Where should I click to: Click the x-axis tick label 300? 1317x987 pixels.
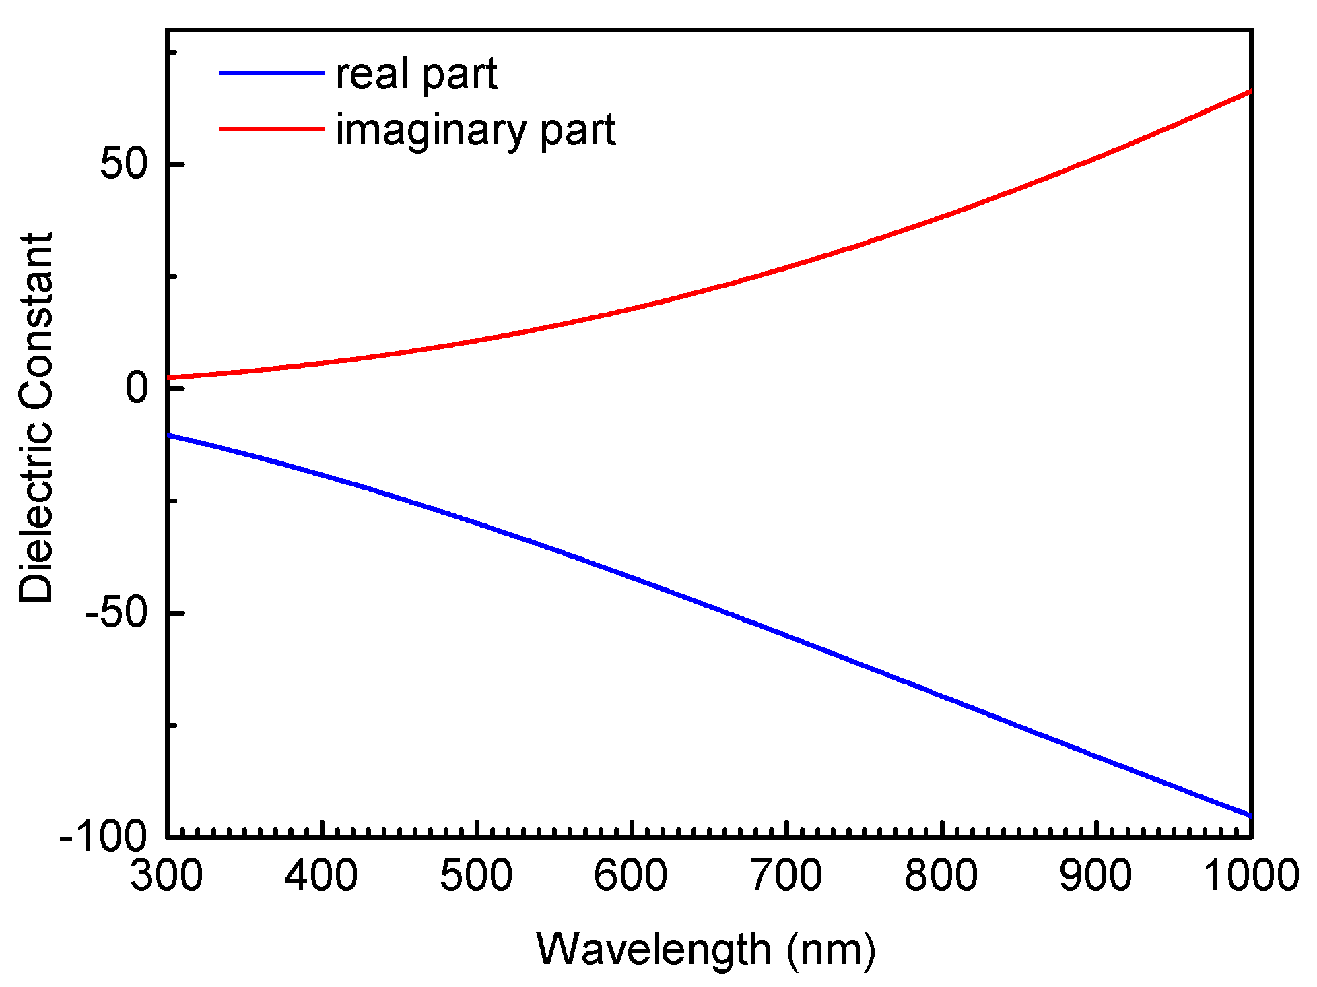pyautogui.click(x=166, y=877)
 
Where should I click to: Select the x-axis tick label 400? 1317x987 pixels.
pyautogui.click(x=321, y=877)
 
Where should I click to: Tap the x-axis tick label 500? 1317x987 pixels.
pyautogui.click(x=476, y=877)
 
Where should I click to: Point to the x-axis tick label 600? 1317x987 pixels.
pyautogui.click(x=631, y=877)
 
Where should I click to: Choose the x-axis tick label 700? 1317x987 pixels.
pyautogui.click(x=786, y=877)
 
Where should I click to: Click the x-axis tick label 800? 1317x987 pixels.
pyautogui.click(x=941, y=877)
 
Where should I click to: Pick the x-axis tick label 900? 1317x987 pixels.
pyautogui.click(x=1095, y=877)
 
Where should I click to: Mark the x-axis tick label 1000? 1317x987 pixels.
pyautogui.click(x=1250, y=877)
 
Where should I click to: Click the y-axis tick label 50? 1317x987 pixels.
pyautogui.click(x=124, y=164)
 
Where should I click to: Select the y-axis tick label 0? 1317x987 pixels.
pyautogui.click(x=137, y=388)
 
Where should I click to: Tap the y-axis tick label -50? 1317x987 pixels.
pyautogui.click(x=115, y=613)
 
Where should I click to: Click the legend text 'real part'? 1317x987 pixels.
pyautogui.click(x=416, y=74)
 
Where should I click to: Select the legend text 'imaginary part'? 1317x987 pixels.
pyautogui.click(x=475, y=129)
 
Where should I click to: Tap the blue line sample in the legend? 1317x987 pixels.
pyautogui.click(x=272, y=72)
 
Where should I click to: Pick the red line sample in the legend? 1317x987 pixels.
pyautogui.click(x=272, y=128)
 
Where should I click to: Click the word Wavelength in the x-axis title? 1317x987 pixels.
pyautogui.click(x=653, y=950)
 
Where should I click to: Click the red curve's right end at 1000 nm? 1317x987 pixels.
pyautogui.click(x=1250, y=91)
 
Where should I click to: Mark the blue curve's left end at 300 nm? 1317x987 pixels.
pyautogui.click(x=169, y=435)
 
